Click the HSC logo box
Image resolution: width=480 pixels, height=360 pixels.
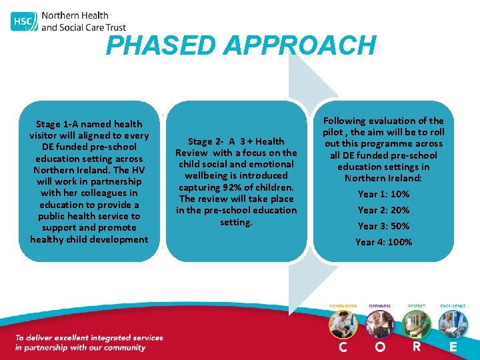[x=23, y=21]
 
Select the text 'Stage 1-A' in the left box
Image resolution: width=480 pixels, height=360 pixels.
[x=57, y=124]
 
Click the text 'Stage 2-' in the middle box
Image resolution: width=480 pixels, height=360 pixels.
[x=206, y=141]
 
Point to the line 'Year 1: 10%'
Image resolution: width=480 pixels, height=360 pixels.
[x=383, y=194]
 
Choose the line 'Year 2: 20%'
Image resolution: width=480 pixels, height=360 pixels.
[x=383, y=210]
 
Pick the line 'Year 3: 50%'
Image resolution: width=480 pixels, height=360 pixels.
[x=383, y=226]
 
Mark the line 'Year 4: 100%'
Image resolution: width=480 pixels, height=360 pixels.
[x=383, y=242]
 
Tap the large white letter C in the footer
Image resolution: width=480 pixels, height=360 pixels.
[x=343, y=347]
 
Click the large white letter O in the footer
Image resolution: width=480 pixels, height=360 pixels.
[x=379, y=347]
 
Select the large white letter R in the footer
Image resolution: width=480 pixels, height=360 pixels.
[x=417, y=347]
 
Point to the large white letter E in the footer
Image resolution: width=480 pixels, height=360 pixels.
[x=453, y=347]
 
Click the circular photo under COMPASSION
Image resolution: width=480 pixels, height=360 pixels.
[x=343, y=325]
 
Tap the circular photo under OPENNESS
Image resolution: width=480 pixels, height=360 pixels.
[x=380, y=325]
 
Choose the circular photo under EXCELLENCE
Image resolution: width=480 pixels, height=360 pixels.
[x=453, y=325]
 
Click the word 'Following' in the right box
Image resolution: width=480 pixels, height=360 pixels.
[x=345, y=121]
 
